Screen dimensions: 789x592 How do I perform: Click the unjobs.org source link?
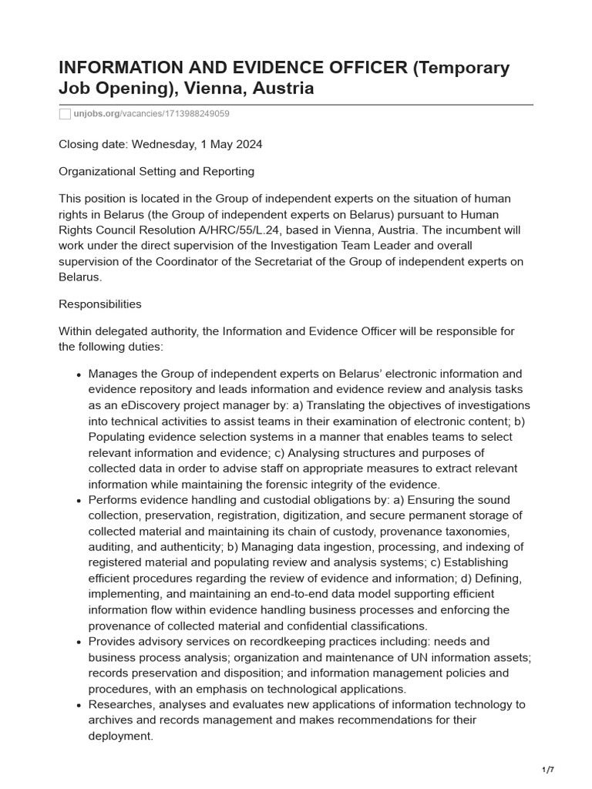(x=96, y=114)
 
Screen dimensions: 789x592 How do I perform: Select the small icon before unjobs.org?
(x=65, y=114)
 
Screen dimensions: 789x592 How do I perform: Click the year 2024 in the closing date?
(x=247, y=143)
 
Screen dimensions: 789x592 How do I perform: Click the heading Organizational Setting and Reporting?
(x=156, y=171)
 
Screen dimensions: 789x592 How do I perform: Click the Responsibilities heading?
(x=100, y=304)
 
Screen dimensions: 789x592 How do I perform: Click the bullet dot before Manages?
(x=79, y=374)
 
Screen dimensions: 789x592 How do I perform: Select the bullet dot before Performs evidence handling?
(x=79, y=501)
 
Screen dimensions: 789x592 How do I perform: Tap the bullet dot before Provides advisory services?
(x=79, y=642)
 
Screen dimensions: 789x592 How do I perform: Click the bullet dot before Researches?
(x=79, y=705)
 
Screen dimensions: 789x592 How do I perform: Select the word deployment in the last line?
(x=119, y=736)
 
